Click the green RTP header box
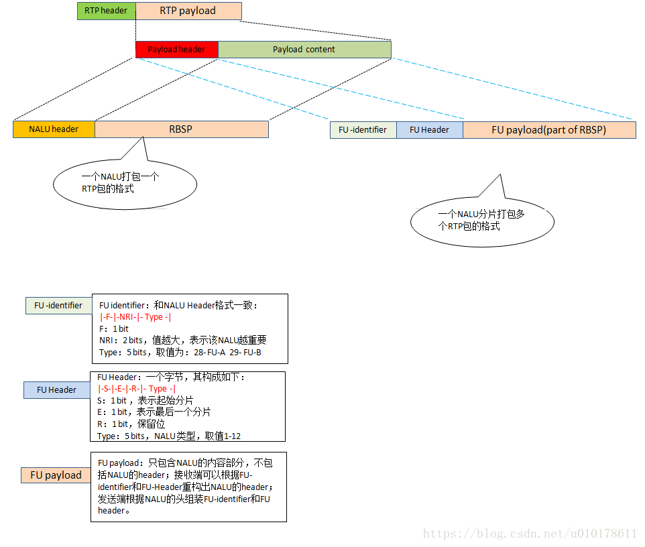tap(106, 11)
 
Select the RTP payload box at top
tap(188, 11)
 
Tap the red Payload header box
tap(176, 50)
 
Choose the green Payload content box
tap(304, 50)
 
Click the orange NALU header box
tap(54, 129)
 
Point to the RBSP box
tap(181, 129)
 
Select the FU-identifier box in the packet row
tap(363, 130)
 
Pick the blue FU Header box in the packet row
tap(429, 130)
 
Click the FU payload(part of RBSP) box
tap(548, 130)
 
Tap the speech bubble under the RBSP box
tap(125, 184)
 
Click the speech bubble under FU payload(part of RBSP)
tap(482, 221)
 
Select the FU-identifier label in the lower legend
tap(58, 306)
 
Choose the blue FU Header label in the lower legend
tap(56, 390)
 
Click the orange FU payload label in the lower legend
tap(56, 475)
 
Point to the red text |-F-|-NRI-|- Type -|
tap(135, 317)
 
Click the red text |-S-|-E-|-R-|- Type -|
tap(137, 389)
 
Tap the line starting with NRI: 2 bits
tap(182, 341)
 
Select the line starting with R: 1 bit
tap(131, 424)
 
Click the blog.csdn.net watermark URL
tap(530, 534)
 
